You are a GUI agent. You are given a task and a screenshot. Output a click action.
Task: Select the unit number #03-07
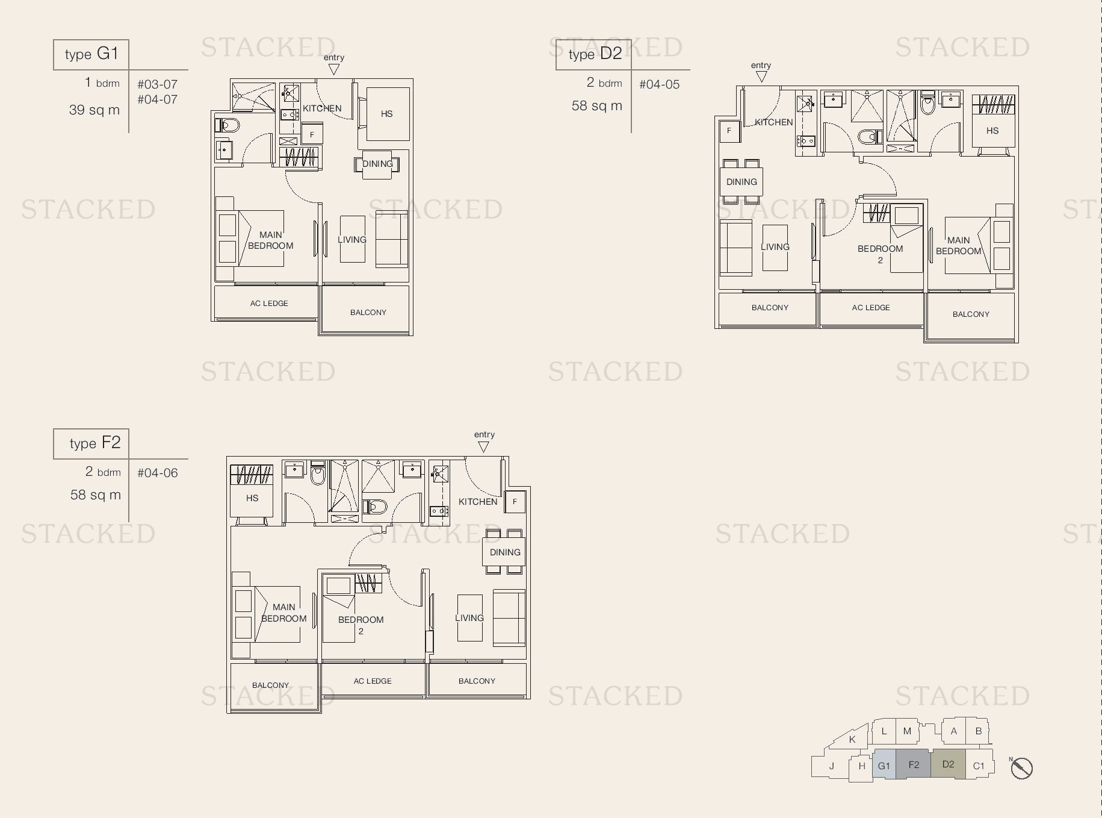pyautogui.click(x=157, y=84)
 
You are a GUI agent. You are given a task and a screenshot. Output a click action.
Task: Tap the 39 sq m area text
pyautogui.click(x=94, y=110)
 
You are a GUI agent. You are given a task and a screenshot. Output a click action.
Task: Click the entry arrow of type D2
pyautogui.click(x=761, y=76)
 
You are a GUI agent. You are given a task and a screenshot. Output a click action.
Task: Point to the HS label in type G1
pyautogui.click(x=386, y=113)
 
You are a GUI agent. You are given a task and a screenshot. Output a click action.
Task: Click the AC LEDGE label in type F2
pyautogui.click(x=373, y=681)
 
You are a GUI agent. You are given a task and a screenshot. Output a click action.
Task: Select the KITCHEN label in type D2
pyautogui.click(x=774, y=122)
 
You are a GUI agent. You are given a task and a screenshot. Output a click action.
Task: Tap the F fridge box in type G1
pyautogui.click(x=312, y=134)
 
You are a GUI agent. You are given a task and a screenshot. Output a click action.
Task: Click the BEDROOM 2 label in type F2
pyautogui.click(x=361, y=625)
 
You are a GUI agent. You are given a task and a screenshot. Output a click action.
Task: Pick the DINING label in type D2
pyautogui.click(x=741, y=182)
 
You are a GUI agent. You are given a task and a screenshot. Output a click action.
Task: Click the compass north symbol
pyautogui.click(x=1021, y=768)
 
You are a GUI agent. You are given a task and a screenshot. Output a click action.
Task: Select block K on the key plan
pyautogui.click(x=852, y=739)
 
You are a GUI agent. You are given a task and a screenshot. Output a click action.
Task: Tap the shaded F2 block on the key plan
pyautogui.click(x=914, y=764)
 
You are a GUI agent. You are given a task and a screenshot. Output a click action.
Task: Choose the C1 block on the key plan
pyautogui.click(x=979, y=766)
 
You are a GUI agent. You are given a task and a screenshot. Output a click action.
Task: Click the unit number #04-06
pyautogui.click(x=158, y=473)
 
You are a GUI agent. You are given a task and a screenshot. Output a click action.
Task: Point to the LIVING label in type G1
pyautogui.click(x=352, y=240)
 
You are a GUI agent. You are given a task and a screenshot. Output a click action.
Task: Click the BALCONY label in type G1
pyautogui.click(x=368, y=312)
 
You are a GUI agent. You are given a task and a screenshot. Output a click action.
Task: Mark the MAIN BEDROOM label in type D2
pyautogui.click(x=959, y=246)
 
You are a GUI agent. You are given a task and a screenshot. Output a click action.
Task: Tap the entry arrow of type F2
pyautogui.click(x=483, y=447)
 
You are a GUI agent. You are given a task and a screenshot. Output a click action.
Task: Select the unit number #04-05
pyautogui.click(x=660, y=84)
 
